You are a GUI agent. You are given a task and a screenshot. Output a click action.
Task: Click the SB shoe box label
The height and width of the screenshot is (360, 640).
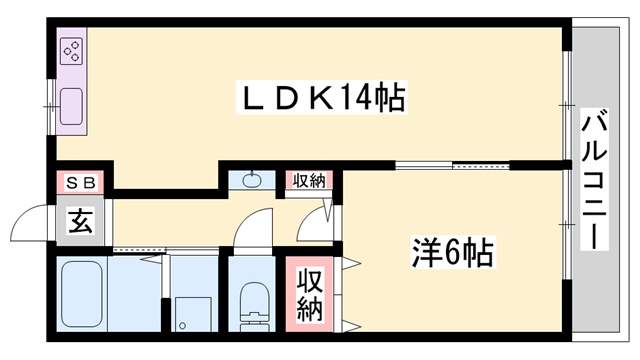point(81,183)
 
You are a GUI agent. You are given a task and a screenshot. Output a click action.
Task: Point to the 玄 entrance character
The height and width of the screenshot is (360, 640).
point(80,221)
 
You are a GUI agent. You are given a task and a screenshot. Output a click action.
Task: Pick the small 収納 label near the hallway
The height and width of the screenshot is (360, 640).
point(309,181)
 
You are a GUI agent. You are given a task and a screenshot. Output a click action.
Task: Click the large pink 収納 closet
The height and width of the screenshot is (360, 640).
point(309,292)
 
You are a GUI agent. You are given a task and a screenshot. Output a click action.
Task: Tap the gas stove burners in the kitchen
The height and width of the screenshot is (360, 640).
point(73,53)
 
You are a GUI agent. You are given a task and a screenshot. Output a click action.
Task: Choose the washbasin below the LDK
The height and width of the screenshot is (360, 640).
point(250,181)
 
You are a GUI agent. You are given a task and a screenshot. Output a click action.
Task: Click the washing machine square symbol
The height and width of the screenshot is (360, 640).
point(189,312)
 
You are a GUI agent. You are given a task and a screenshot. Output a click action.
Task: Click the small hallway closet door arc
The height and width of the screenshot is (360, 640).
point(326,221)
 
